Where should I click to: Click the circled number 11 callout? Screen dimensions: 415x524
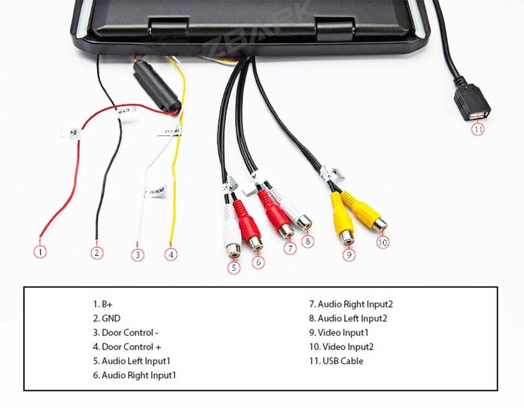point(478,129)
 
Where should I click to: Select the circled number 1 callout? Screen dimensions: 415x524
point(40,252)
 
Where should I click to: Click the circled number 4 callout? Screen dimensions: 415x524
point(171,254)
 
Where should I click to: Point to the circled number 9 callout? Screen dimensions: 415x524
point(349,254)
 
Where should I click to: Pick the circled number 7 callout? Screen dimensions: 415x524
point(290,248)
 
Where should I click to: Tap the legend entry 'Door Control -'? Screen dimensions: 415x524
point(126,333)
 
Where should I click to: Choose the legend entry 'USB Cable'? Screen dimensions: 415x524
point(336,361)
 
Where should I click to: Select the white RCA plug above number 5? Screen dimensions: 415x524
point(232,229)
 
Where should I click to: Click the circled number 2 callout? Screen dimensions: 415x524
point(97,253)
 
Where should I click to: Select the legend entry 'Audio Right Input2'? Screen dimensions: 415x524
point(351,304)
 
